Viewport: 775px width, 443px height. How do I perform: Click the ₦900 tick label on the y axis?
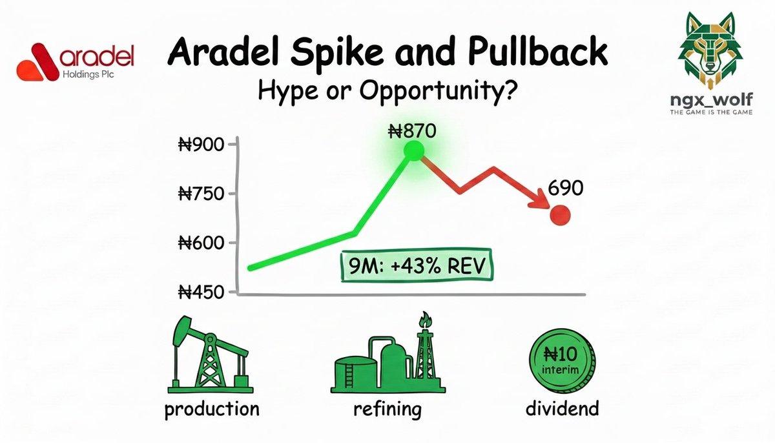201,145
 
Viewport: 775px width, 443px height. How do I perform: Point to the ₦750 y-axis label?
201,194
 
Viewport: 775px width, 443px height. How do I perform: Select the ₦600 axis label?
201,243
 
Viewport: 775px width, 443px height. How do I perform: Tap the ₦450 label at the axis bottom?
201,293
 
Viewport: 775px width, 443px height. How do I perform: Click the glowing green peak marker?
413,152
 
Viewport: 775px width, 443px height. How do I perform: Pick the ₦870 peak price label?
412,130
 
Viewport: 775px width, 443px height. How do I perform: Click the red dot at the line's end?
560,214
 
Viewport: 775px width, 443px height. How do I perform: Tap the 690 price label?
566,188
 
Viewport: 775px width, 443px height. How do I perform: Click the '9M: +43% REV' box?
416,265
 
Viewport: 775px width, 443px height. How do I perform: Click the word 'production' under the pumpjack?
211,409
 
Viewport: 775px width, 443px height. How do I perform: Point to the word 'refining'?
387,409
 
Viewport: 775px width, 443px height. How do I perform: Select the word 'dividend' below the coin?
562,409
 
